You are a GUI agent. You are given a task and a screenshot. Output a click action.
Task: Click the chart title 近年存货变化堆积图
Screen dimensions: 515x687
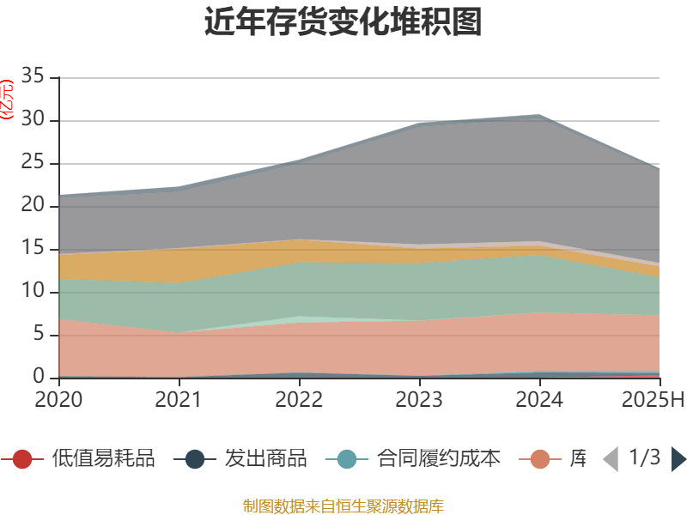click(343, 22)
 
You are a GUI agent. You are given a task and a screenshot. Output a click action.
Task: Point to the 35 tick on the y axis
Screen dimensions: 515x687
click(33, 78)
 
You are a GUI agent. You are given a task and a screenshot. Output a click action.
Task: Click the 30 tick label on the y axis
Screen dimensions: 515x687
click(33, 121)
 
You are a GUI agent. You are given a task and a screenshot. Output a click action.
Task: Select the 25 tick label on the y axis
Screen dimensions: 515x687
click(33, 164)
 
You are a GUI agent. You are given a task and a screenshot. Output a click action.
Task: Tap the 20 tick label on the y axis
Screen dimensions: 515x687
click(33, 207)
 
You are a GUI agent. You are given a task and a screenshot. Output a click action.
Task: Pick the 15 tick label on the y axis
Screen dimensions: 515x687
click(33, 250)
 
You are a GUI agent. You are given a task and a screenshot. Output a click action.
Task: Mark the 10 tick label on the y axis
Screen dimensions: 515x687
click(33, 293)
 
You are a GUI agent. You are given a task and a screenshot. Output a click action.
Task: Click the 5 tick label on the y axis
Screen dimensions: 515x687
click(39, 336)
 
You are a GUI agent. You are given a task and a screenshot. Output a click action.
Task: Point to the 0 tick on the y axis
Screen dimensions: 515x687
click(39, 378)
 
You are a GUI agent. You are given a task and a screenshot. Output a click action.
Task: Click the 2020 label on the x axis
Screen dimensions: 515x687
click(58, 399)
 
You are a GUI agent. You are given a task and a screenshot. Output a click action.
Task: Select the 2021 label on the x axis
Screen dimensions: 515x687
click(179, 399)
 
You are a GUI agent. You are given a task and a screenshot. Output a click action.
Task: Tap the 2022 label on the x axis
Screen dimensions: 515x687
click(299, 399)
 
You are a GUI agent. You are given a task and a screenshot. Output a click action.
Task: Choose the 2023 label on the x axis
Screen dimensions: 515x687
click(419, 399)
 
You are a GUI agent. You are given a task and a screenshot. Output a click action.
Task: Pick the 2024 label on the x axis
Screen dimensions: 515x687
click(539, 399)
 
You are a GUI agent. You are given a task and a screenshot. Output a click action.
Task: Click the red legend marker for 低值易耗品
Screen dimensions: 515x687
click(23, 459)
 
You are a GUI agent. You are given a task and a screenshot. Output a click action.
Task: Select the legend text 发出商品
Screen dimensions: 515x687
click(265, 459)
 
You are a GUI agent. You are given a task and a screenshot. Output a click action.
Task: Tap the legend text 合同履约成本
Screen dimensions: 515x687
click(439, 459)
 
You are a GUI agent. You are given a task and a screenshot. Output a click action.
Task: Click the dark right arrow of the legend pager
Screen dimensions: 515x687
click(678, 459)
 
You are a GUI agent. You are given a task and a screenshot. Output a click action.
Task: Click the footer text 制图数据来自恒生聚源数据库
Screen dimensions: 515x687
click(343, 506)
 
